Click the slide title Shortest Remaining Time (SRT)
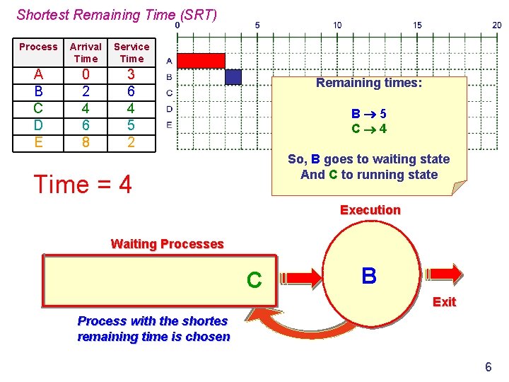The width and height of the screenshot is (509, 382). (117, 14)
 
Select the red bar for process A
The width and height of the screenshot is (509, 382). (200, 61)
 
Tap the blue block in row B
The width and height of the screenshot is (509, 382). (233, 76)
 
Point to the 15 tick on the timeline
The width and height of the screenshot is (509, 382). (418, 25)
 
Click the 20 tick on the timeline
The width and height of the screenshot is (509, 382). (498, 25)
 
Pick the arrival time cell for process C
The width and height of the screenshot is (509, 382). (86, 108)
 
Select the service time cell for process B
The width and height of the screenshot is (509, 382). (131, 91)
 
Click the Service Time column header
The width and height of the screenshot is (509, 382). (131, 52)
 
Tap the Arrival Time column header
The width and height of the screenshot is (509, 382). (86, 52)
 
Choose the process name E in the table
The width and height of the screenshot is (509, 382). (38, 141)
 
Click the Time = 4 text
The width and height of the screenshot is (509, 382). (83, 185)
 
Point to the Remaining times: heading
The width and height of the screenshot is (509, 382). (368, 83)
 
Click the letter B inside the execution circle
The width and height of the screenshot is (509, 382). (368, 276)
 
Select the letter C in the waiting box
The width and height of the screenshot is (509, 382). (254, 281)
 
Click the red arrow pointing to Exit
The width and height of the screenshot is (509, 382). (443, 274)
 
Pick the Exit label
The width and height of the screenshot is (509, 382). (444, 302)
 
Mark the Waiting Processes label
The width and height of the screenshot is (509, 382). (167, 244)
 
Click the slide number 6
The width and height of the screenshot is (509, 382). (488, 366)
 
